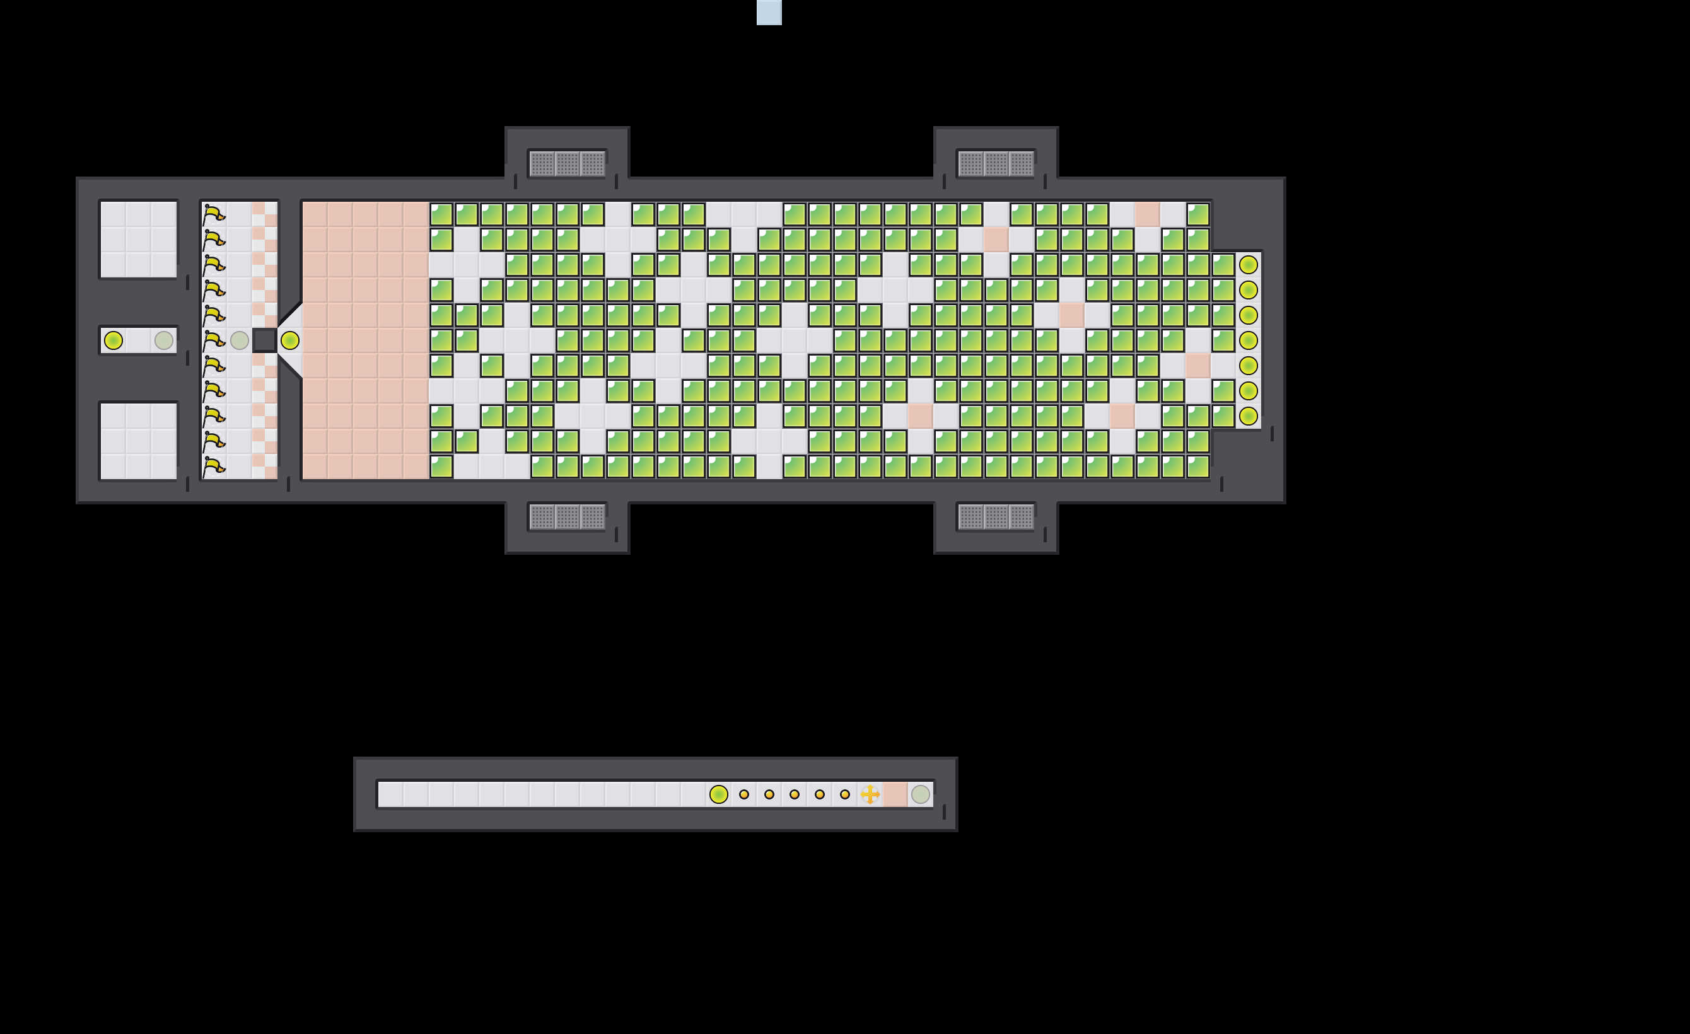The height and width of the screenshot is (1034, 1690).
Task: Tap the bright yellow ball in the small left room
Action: [x=113, y=340]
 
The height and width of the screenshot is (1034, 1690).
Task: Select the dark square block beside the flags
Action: [x=264, y=340]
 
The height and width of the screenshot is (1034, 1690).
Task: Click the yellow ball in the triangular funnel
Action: [x=290, y=340]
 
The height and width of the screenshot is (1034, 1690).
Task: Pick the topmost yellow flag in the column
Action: [x=214, y=214]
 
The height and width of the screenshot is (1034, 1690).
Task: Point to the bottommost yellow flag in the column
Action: [x=214, y=467]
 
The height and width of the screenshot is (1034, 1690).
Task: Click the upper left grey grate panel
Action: [x=567, y=164]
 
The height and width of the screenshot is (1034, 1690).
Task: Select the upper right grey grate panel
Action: [x=996, y=164]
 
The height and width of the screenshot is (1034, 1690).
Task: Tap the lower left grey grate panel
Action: [x=567, y=517]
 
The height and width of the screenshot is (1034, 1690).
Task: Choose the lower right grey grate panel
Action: [x=996, y=517]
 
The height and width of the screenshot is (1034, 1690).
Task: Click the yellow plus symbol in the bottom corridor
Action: [x=870, y=794]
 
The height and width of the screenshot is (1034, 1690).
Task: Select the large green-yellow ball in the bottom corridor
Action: [x=718, y=794]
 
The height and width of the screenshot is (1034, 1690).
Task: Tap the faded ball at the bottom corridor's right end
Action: [x=921, y=794]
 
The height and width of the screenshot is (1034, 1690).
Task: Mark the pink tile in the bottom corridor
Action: [x=895, y=794]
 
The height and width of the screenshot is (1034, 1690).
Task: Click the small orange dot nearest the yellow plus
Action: [x=845, y=794]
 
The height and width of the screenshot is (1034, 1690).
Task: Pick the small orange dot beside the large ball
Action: [x=744, y=794]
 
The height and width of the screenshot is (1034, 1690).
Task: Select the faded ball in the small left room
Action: [x=164, y=340]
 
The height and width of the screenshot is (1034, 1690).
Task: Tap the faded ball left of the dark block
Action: [x=240, y=340]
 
